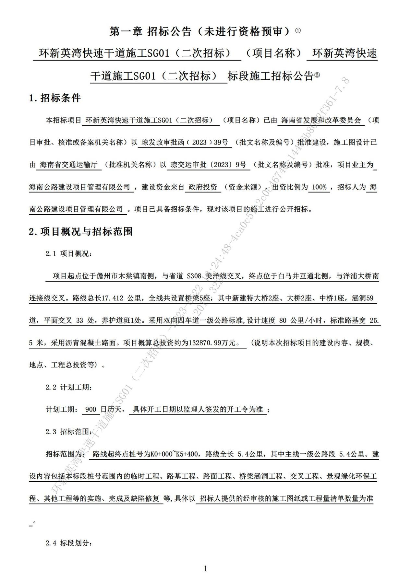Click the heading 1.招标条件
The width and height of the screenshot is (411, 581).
tap(55, 98)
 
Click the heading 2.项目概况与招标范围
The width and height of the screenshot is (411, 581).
tap(80, 231)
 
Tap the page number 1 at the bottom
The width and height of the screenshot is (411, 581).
tap(205, 568)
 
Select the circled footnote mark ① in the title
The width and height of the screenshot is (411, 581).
tap(298, 31)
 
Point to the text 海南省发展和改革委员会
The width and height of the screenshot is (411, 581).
tap(320, 120)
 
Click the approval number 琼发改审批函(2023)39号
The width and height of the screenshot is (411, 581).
tap(185, 143)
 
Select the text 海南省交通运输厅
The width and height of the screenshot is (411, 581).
tap(68, 165)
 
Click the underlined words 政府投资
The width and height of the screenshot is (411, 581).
tap(203, 187)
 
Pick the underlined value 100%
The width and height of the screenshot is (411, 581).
tap(319, 187)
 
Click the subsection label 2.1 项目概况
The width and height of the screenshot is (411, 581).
tap(69, 254)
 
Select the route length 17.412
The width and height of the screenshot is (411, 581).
tap(113, 298)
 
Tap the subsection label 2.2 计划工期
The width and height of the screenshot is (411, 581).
tap(69, 387)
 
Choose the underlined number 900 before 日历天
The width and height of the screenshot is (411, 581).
tap(91, 410)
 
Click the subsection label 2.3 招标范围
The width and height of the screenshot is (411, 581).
tap(69, 432)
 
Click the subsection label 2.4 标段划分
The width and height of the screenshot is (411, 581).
tap(69, 543)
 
